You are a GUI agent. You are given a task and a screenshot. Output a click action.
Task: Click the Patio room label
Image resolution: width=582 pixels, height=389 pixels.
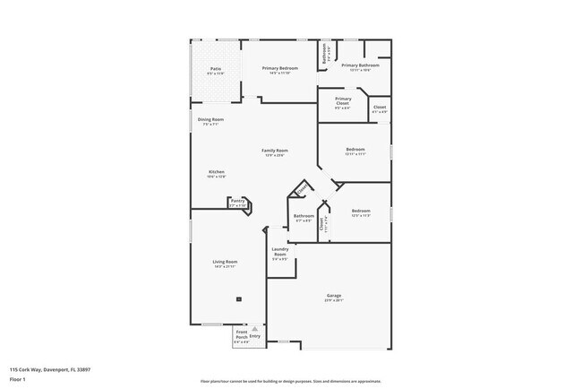point(216,68)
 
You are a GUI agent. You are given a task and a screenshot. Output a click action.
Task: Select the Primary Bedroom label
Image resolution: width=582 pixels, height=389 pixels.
point(280,68)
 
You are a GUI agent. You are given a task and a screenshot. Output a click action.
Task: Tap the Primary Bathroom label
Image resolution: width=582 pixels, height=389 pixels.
point(361,65)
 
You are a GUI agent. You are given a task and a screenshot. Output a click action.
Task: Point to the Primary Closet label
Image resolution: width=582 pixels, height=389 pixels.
point(343,100)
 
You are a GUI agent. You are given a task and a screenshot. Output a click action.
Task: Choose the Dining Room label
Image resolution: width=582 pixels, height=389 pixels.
point(211,119)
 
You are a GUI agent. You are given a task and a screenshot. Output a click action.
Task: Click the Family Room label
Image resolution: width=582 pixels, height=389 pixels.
point(275,151)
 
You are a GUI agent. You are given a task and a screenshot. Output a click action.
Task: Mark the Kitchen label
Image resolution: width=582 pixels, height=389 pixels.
point(217,172)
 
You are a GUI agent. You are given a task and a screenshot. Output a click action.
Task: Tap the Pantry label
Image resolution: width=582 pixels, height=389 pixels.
point(237,202)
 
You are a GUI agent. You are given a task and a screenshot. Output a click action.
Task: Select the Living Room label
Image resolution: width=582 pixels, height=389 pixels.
point(225,262)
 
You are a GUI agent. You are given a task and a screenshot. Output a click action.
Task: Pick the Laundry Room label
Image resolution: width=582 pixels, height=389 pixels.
point(279,251)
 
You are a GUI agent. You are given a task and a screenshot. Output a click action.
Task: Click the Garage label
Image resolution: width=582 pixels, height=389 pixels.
point(334,296)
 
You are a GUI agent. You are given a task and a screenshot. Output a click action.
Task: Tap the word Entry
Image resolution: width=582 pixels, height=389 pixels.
point(255,335)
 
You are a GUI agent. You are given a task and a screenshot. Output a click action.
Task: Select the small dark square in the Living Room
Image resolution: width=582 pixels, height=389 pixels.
point(239,298)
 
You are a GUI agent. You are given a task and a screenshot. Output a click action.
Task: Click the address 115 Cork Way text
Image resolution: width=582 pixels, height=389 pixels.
point(50,369)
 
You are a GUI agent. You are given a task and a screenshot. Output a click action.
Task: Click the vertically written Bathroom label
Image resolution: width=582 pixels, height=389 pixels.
point(326,53)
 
